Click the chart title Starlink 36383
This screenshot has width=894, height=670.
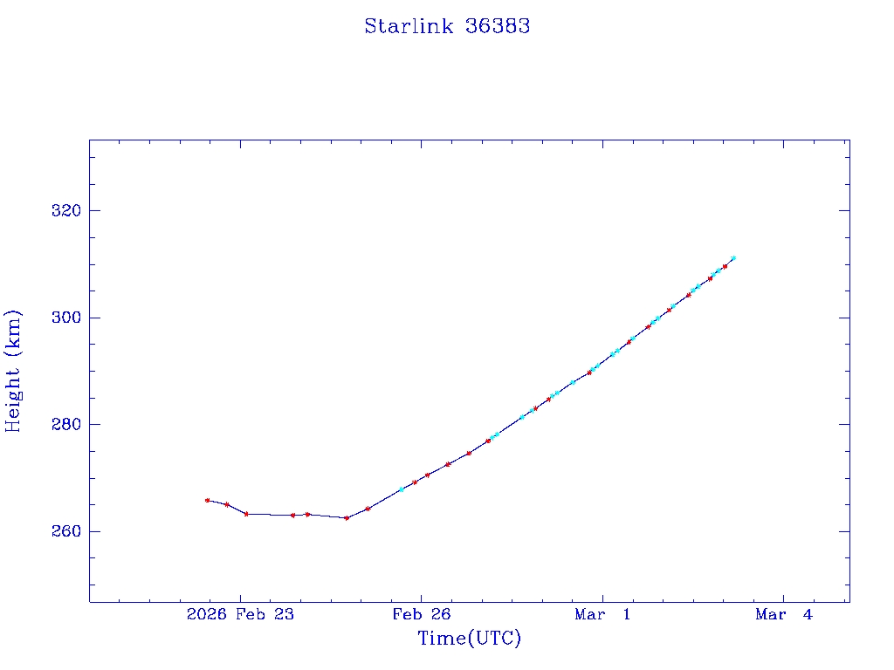pyautogui.click(x=447, y=26)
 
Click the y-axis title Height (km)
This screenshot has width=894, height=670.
pyautogui.click(x=13, y=371)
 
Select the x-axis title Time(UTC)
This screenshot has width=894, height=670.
pyautogui.click(x=470, y=639)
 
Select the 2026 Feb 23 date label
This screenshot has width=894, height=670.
pyautogui.click(x=240, y=614)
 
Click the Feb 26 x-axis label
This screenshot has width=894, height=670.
pyautogui.click(x=421, y=614)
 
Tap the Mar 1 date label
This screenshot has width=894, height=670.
pyautogui.click(x=602, y=614)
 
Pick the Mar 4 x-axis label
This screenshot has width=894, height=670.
pyautogui.click(x=784, y=614)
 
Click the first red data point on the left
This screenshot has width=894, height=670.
pyautogui.click(x=207, y=500)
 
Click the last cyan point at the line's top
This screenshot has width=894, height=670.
pyautogui.click(x=733, y=258)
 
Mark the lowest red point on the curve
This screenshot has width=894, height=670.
pyautogui.click(x=347, y=518)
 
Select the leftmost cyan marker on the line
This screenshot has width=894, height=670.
pyautogui.click(x=402, y=489)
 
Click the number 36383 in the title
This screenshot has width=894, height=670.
pyautogui.click(x=498, y=26)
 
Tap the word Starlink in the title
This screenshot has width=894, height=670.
pyautogui.click(x=409, y=26)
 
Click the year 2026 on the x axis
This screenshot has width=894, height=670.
pyautogui.click(x=207, y=614)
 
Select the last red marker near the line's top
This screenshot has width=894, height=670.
pyautogui.click(x=725, y=266)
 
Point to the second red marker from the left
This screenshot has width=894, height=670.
pyautogui.click(x=227, y=504)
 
